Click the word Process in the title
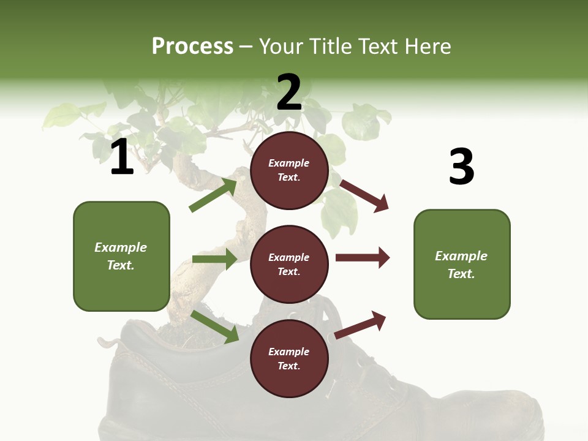pyautogui.click(x=192, y=46)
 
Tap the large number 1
pyautogui.click(x=122, y=157)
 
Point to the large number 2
pyautogui.click(x=289, y=92)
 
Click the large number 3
pyautogui.click(x=461, y=166)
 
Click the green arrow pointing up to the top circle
pyautogui.click(x=214, y=195)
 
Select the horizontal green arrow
pyautogui.click(x=214, y=259)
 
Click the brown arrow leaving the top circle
pyautogui.click(x=364, y=195)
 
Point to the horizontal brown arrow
pyautogui.click(x=363, y=258)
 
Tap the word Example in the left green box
pyautogui.click(x=121, y=247)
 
